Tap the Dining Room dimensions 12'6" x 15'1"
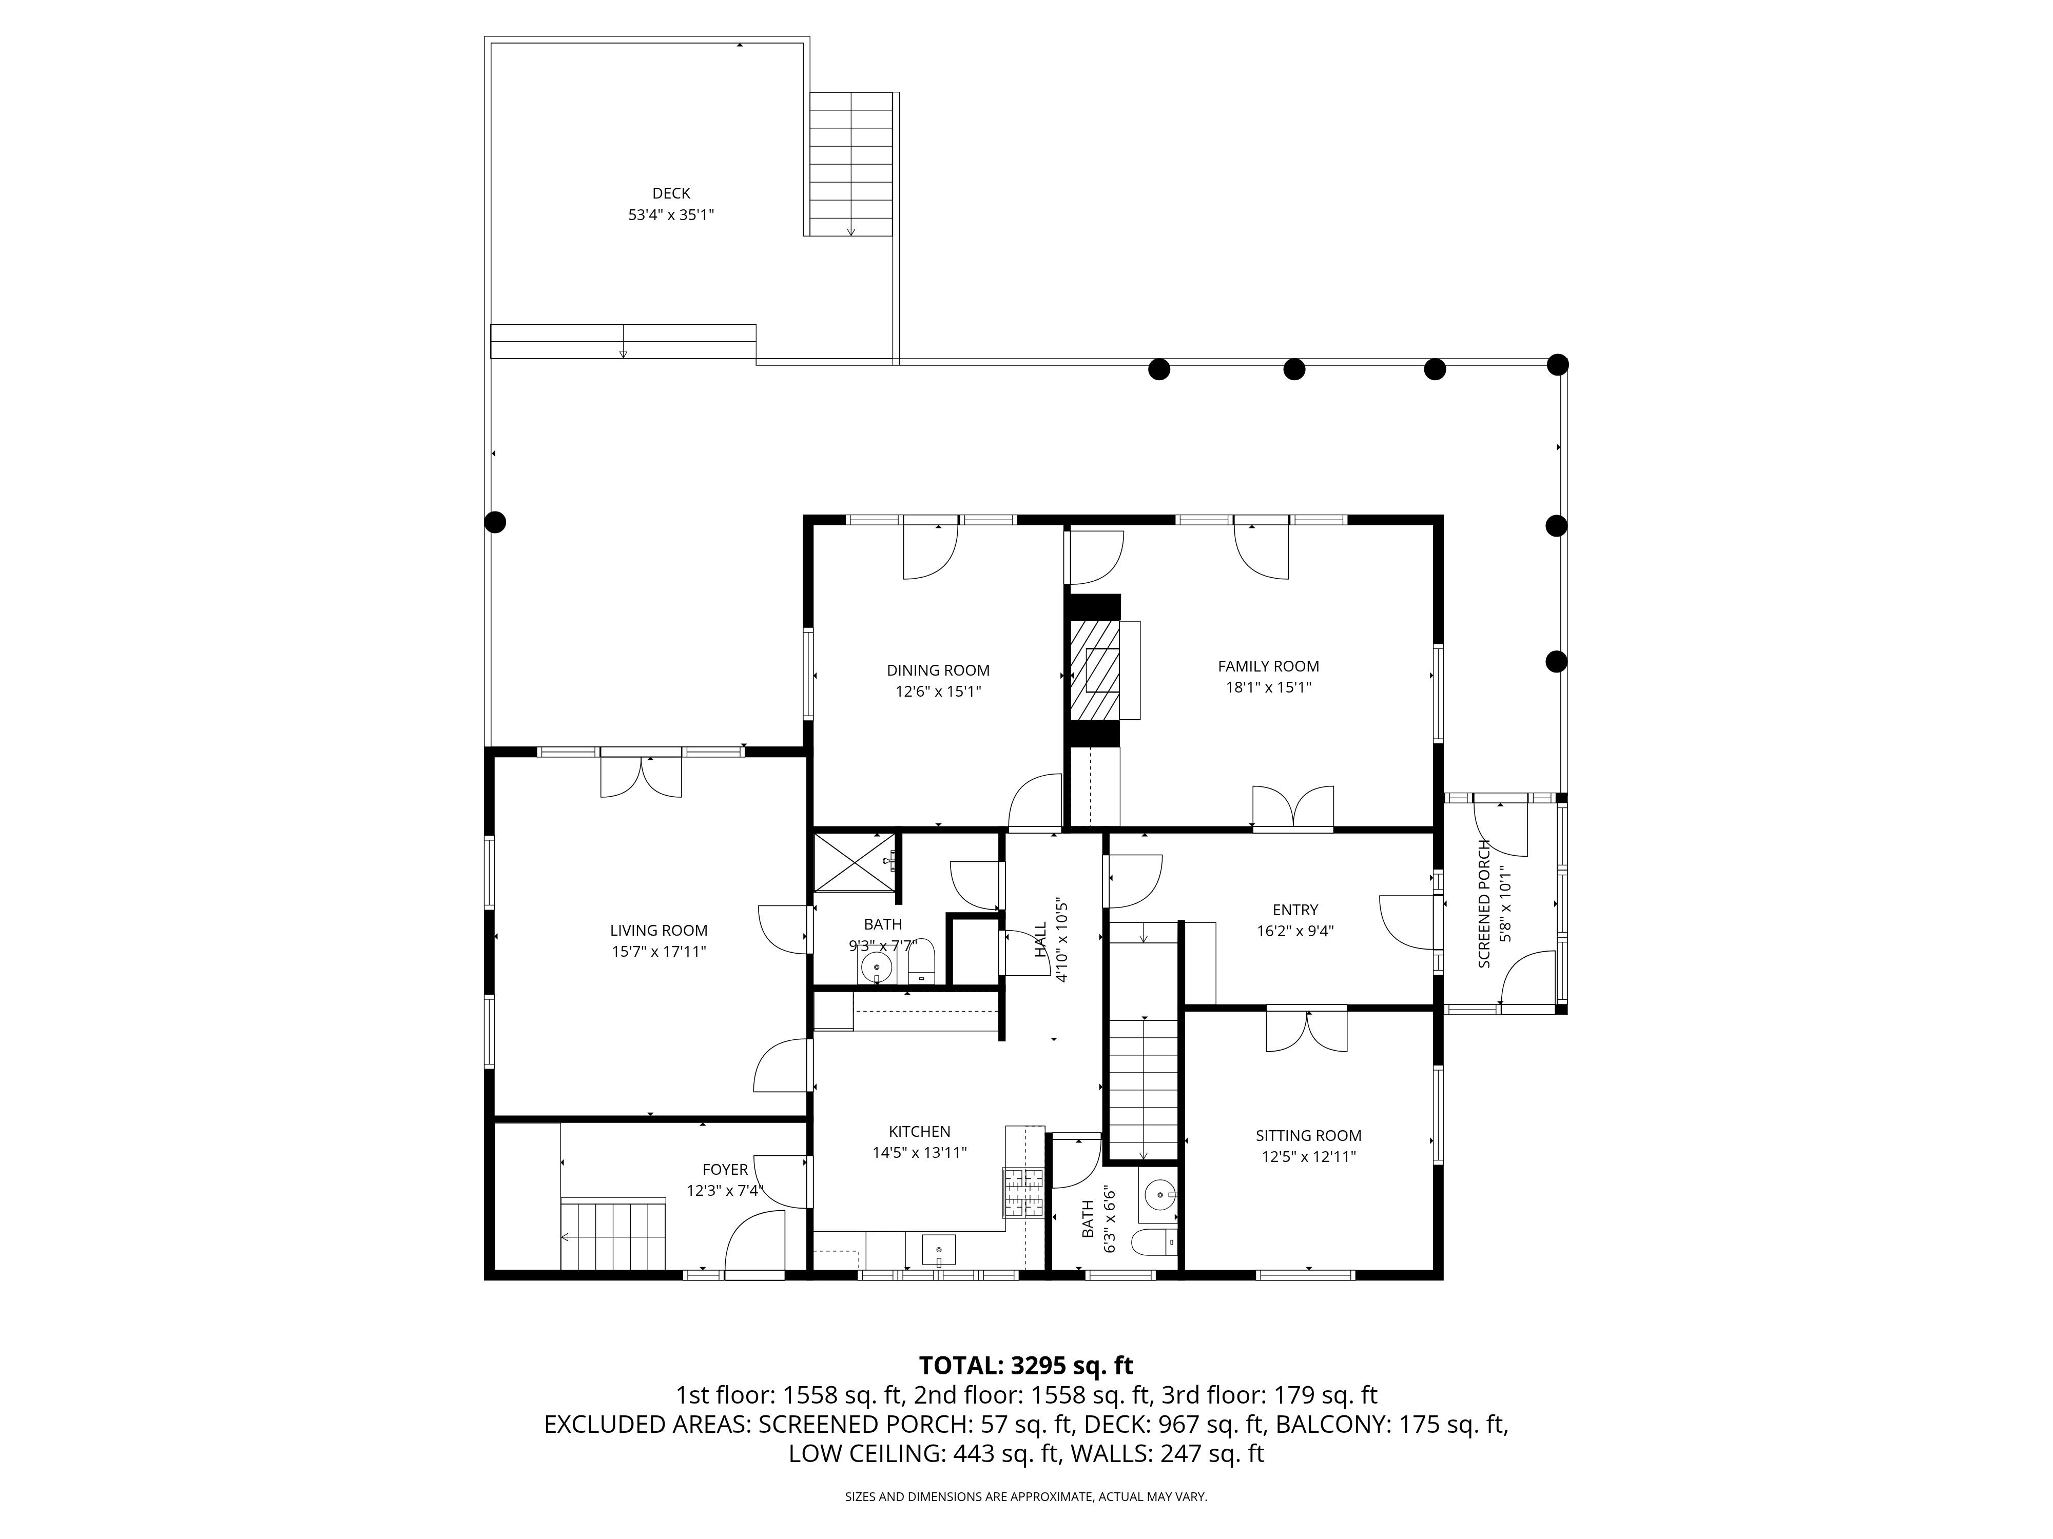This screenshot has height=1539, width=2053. coord(938,691)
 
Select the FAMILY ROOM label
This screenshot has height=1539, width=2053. coord(1269,666)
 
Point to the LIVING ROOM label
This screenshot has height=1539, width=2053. coord(659,931)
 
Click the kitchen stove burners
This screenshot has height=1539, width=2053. coord(1024,1193)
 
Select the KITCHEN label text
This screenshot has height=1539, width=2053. coord(920,1132)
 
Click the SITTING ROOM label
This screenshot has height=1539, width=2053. coord(1309,1135)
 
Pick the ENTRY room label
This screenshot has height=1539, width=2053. coord(1295,910)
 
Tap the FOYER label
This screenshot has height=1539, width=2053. coord(725,1170)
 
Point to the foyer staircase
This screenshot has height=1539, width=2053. coord(613,1234)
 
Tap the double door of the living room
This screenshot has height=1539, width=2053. coord(642,777)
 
